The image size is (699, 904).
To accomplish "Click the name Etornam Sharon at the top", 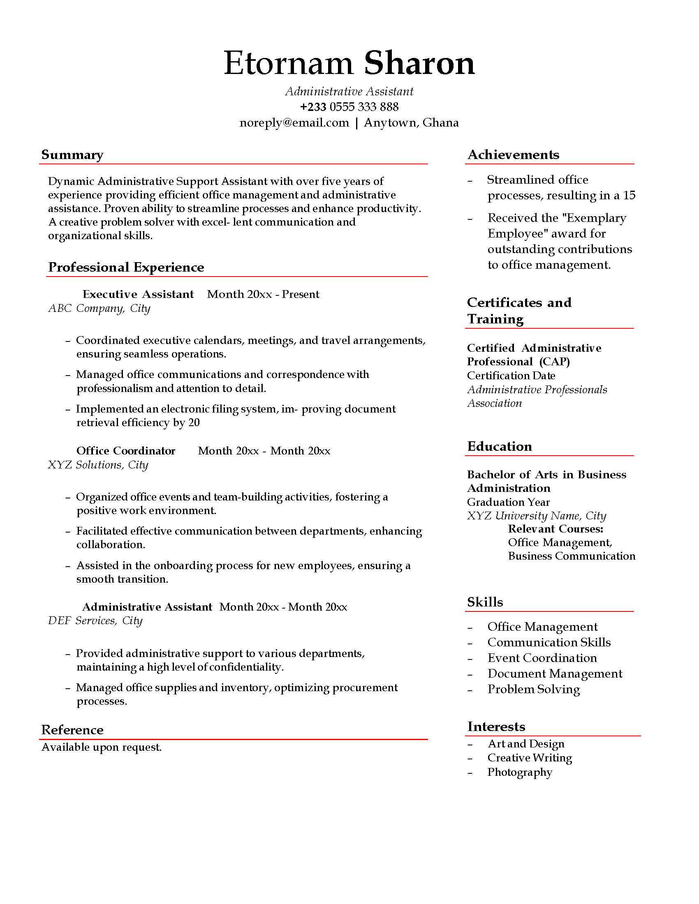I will click(x=349, y=63).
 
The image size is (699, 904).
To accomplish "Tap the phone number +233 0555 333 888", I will click(x=349, y=107).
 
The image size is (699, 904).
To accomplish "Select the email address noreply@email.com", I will click(x=294, y=123).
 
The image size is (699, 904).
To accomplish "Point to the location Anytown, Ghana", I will click(x=411, y=123).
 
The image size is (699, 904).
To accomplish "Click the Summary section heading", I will click(x=72, y=155).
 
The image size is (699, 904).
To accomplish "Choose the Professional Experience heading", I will click(x=126, y=268).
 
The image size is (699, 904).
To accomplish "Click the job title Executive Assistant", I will click(x=138, y=294).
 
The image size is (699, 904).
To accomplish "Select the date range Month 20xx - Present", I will click(x=263, y=294).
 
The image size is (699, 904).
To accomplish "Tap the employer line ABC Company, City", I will click(x=99, y=308).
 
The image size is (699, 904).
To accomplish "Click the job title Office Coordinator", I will click(x=125, y=451).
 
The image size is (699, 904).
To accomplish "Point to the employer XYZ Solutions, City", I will click(x=98, y=465).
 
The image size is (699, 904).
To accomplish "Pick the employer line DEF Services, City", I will click(x=95, y=620).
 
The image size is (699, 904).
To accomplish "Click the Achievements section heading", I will click(x=513, y=155).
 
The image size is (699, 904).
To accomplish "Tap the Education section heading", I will click(x=500, y=446).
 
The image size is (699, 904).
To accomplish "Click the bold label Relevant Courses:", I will click(x=555, y=529).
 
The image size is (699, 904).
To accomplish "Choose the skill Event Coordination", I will click(x=542, y=658).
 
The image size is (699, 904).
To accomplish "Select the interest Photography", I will click(x=520, y=772).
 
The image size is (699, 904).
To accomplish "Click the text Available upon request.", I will click(x=102, y=747).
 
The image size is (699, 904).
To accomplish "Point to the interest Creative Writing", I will click(x=530, y=757).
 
